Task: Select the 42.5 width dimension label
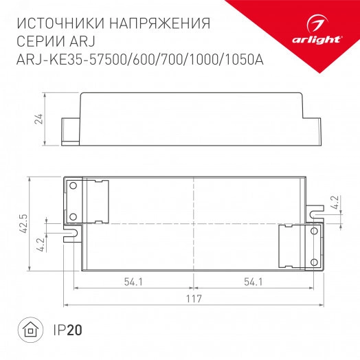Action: (23, 224)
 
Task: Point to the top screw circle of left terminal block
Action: (72, 185)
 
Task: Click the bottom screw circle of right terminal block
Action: (314, 260)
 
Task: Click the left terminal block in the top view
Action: (87, 201)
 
